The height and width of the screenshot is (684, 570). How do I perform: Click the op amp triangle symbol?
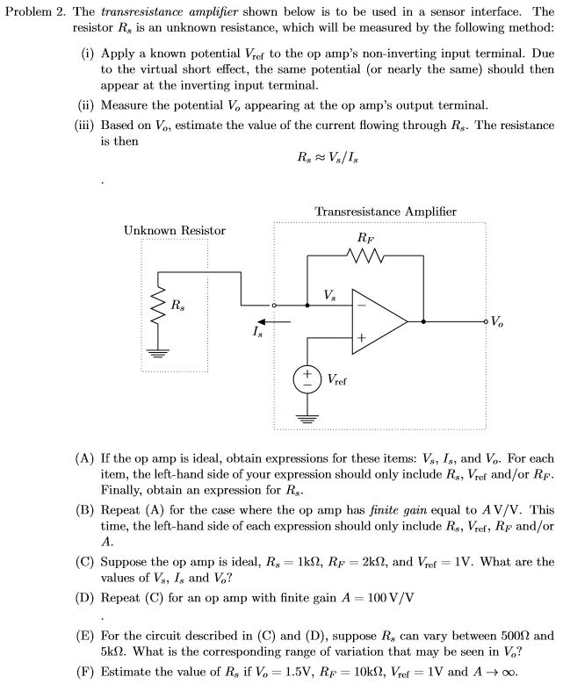(378, 321)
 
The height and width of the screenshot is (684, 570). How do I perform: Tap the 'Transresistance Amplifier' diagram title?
(385, 212)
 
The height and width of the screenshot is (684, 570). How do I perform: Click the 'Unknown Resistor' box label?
(174, 231)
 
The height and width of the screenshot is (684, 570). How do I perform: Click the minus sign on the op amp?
(360, 306)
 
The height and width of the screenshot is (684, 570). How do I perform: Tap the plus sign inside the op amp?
(360, 337)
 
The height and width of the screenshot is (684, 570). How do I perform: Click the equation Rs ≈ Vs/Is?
(328, 159)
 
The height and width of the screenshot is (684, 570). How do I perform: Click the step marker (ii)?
(86, 105)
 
